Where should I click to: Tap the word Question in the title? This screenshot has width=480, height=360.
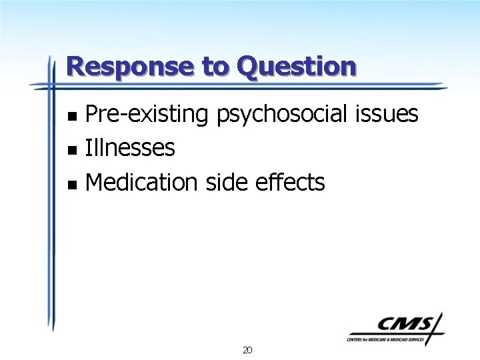tap(297, 67)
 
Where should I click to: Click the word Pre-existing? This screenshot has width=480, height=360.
tap(147, 115)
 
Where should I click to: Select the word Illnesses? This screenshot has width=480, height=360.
tap(130, 147)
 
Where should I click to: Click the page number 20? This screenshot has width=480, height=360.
tap(247, 350)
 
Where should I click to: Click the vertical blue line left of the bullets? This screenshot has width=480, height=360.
tap(51, 200)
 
